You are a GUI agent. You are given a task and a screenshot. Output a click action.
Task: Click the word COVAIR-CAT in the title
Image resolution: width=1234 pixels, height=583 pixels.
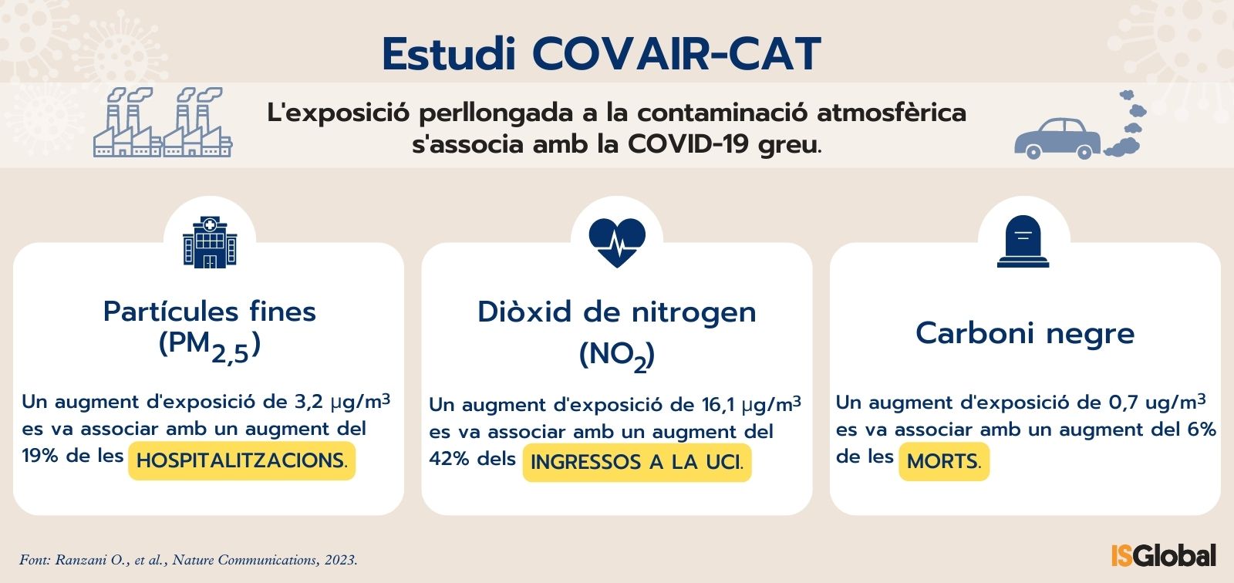[676, 54]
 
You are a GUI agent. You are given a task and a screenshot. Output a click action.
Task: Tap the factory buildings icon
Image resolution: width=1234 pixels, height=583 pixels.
[163, 122]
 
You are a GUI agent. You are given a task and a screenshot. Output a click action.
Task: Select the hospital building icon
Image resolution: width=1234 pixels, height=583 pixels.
[210, 242]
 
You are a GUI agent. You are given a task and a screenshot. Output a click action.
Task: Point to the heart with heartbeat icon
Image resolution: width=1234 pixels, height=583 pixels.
[617, 242]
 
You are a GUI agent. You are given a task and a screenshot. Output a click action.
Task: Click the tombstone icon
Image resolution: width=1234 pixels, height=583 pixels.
[1023, 241]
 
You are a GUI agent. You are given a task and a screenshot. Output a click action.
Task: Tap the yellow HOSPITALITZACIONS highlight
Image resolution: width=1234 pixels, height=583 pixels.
[242, 460]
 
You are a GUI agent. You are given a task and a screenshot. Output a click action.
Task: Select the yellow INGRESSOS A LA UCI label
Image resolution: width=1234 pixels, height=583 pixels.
[637, 463]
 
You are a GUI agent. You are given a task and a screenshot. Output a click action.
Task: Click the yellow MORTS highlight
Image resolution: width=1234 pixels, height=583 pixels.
[944, 461]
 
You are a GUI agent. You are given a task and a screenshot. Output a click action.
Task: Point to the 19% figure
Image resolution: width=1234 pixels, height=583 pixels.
[39, 456]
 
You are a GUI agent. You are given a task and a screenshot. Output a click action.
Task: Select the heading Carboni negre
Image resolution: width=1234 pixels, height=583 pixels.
[1025, 333]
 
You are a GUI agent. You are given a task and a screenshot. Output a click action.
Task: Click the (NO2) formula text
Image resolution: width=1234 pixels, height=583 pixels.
[617, 356]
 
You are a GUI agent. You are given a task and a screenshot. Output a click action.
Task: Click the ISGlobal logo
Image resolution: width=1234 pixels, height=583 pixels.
[1164, 555]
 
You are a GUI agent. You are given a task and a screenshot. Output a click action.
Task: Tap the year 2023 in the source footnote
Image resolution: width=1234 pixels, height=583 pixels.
[340, 561]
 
